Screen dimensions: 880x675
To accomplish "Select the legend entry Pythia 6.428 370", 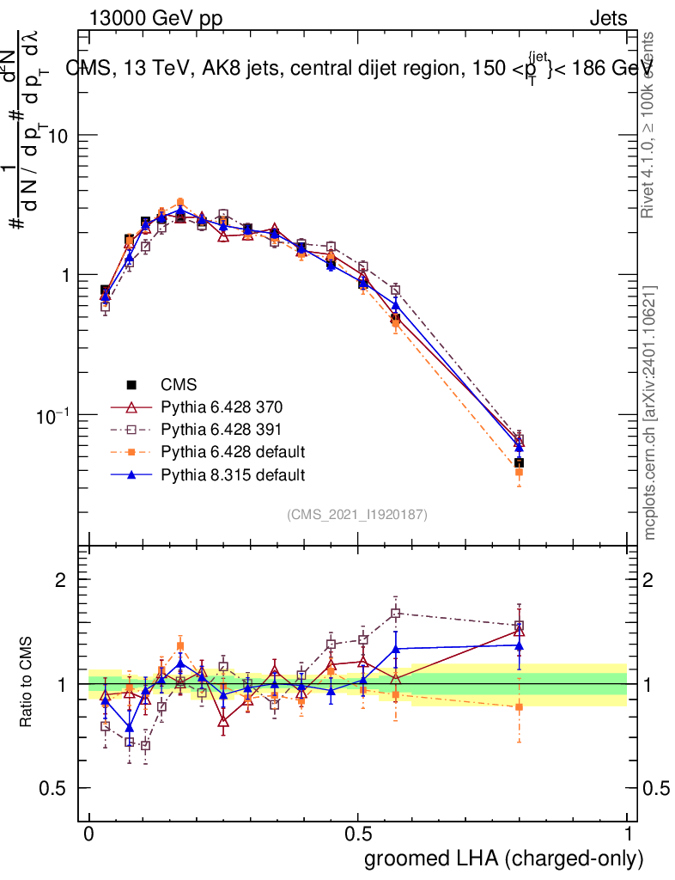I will (222, 406).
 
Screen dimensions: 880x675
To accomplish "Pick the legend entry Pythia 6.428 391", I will (222, 429).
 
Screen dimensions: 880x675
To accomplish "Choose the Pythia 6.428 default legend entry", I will (233, 451).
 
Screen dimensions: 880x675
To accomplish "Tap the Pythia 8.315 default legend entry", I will (233, 474).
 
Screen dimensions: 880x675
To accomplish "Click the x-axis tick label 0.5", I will (358, 835).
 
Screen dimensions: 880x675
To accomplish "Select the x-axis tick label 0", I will (89, 835).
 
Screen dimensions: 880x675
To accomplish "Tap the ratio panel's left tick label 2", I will (61, 580).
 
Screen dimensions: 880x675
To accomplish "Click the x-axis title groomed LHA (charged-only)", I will (505, 859).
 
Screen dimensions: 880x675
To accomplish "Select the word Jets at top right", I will (607, 18).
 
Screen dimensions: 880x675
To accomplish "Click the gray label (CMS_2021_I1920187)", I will (357, 514).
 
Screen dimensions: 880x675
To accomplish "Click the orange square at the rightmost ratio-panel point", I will (519, 706).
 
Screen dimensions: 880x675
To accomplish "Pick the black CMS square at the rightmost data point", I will (519, 463).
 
